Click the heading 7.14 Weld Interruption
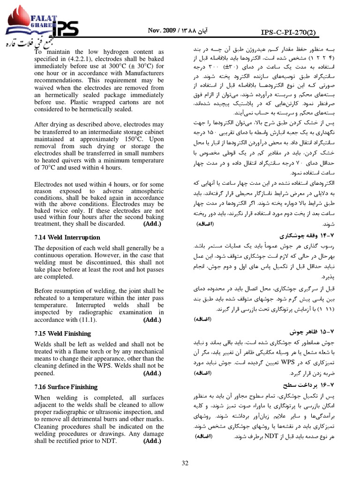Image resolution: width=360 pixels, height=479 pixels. pyautogui.click(x=67, y=237)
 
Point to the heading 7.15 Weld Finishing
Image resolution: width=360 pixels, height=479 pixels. pyautogui.click(x=62, y=334)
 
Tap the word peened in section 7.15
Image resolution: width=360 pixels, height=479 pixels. pyautogui.click(x=45, y=374)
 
